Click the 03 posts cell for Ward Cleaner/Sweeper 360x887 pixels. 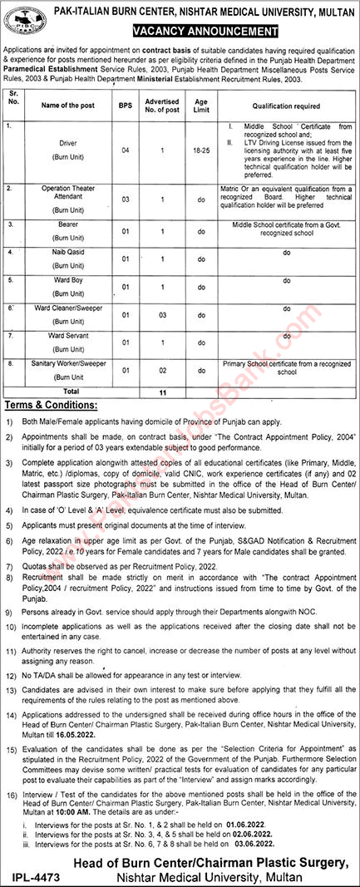[x=164, y=316]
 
